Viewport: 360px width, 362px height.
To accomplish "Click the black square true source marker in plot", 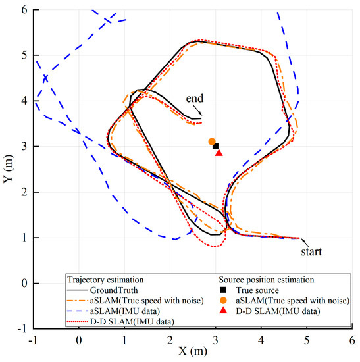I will (x=216, y=146).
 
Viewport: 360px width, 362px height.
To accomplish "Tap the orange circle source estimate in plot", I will (x=212, y=142).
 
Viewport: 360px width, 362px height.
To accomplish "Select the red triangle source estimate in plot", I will (x=219, y=153).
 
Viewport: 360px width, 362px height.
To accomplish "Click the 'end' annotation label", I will (x=195, y=99).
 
